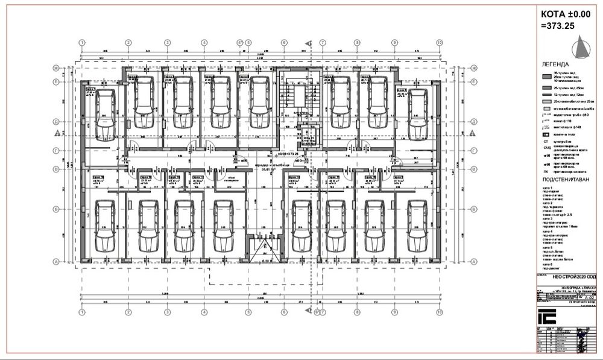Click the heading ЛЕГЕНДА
tap(555, 64)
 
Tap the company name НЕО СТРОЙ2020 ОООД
tap(567, 274)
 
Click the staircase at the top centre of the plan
tap(298, 96)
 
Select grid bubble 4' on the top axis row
tap(239, 43)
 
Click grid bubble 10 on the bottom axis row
tap(440, 312)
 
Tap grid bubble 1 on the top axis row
tap(82, 43)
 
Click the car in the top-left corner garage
tap(105, 111)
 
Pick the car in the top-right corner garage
tap(416, 111)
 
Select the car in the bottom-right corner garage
tap(416, 226)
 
